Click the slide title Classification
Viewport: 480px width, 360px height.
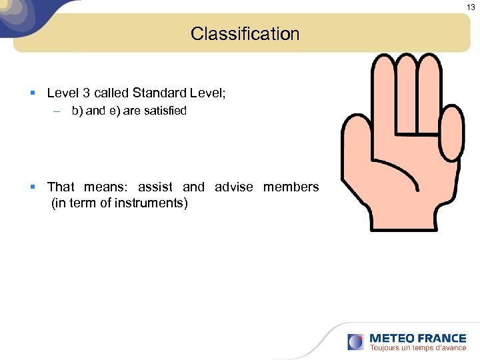pyautogui.click(x=245, y=34)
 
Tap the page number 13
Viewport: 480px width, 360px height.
pyautogui.click(x=471, y=7)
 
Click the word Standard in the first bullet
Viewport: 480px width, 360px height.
pyautogui.click(x=161, y=93)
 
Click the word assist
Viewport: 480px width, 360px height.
pyautogui.click(x=155, y=187)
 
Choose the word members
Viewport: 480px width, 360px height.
pyautogui.click(x=291, y=187)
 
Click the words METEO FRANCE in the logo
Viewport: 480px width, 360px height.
pyautogui.click(x=417, y=338)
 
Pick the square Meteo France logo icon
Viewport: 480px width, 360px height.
pyautogui.click(x=355, y=342)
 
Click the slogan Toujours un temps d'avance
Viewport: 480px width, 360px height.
pyautogui.click(x=418, y=348)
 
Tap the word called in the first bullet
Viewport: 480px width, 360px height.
pyautogui.click(x=111, y=93)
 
